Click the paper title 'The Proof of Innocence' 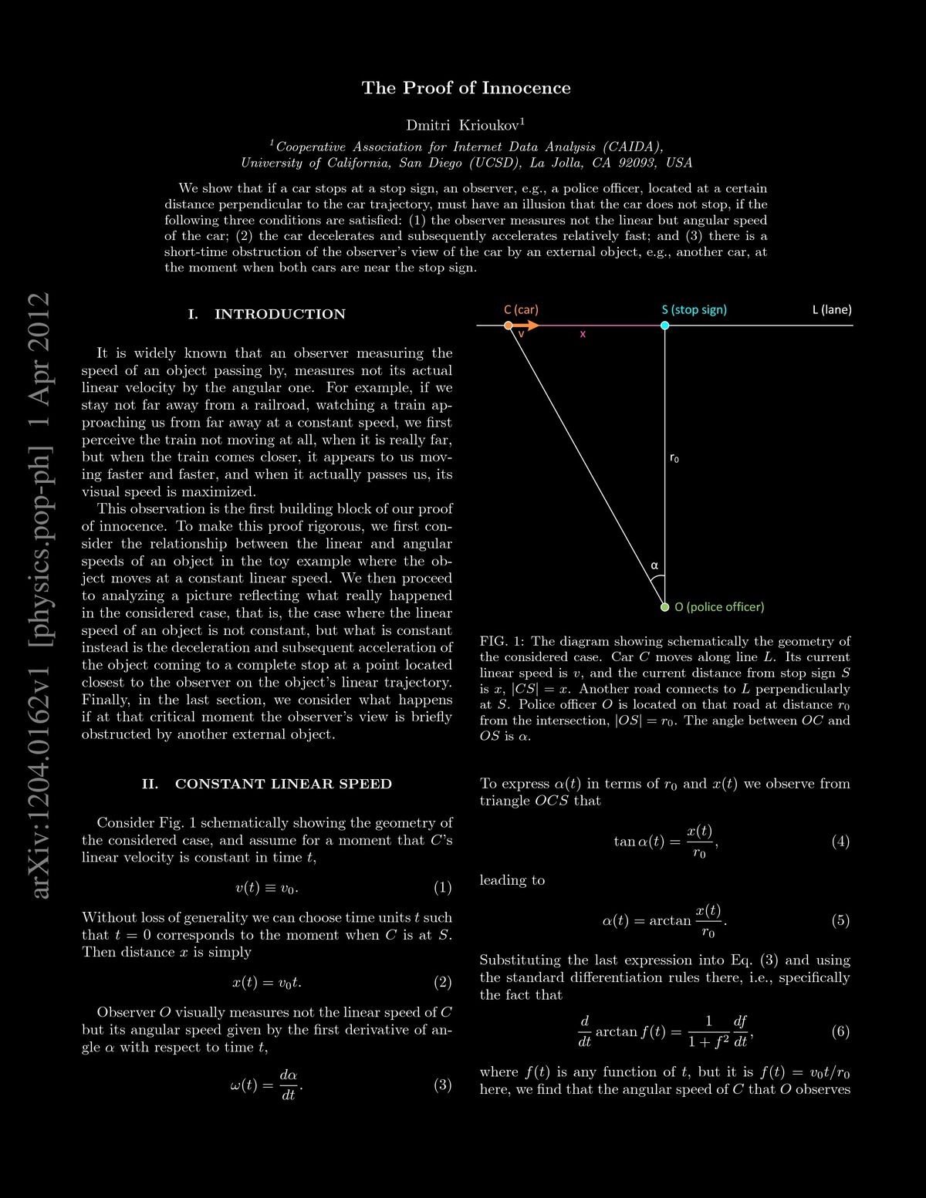pos(466,88)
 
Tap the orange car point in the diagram pos(508,326)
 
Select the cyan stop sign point pos(664,326)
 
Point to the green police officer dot pos(664,607)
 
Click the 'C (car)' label pos(521,309)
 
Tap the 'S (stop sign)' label pos(694,309)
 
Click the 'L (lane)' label pos(831,309)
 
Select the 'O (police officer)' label pos(719,607)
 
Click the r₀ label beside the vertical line pos(674,458)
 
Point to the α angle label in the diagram pos(654,565)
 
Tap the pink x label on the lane pos(583,335)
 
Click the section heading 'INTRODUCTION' pos(279,314)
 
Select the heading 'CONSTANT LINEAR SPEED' pos(283,784)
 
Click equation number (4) pos(840,841)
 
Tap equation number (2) pos(442,982)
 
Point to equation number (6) pos(840,1031)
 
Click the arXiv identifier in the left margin pos(39,594)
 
